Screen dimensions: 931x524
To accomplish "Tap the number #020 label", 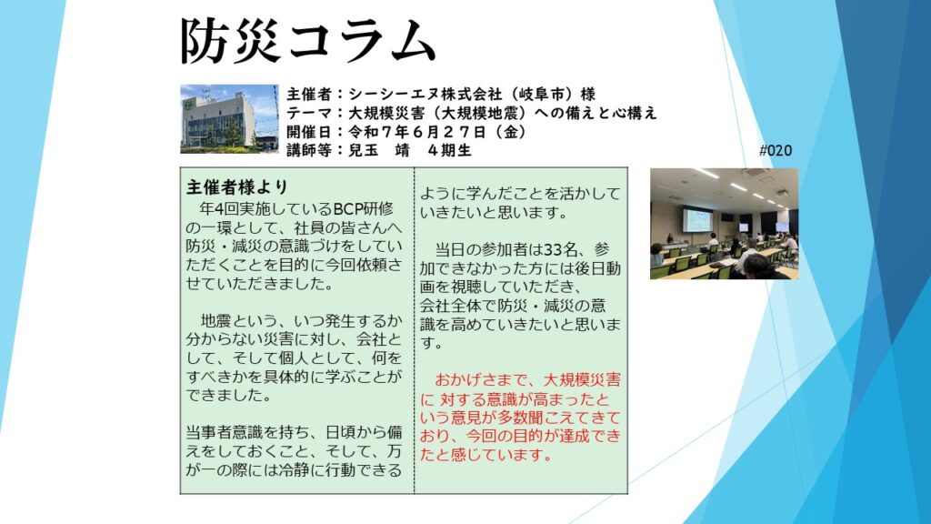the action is [x=775, y=150].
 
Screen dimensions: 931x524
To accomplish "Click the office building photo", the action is [x=229, y=119].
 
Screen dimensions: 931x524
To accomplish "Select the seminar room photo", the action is [x=724, y=224].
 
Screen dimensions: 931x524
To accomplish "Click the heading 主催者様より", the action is [x=237, y=187].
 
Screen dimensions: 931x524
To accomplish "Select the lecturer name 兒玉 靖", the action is [x=378, y=150].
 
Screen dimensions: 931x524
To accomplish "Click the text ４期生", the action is [x=449, y=150].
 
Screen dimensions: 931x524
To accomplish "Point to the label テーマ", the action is [x=309, y=113].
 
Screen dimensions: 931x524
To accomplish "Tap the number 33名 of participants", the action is [x=560, y=249].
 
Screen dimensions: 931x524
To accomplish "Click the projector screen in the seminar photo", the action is [x=697, y=219].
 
